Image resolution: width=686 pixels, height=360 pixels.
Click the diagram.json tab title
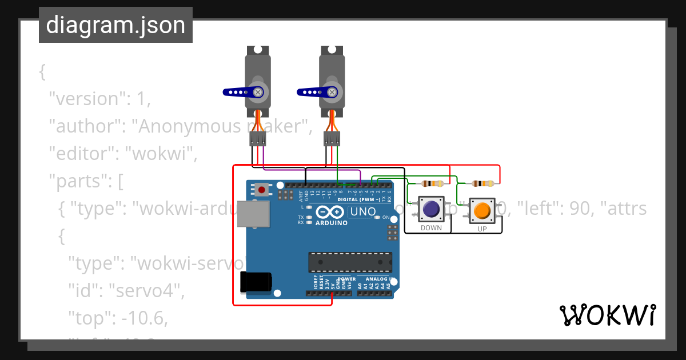coord(115,25)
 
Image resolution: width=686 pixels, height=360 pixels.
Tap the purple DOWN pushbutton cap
coord(431,209)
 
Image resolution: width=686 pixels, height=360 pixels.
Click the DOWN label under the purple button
coord(431,228)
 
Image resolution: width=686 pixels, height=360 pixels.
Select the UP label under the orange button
coord(482,229)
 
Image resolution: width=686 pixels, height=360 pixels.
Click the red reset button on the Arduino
coord(262,189)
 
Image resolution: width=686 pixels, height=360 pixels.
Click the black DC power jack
coord(256,282)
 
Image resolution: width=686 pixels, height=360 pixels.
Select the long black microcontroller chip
coord(350,262)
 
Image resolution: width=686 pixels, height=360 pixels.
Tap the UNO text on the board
coord(362,212)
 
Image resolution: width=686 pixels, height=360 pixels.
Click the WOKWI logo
coord(607,315)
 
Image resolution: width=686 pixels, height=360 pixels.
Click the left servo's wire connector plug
coord(258,138)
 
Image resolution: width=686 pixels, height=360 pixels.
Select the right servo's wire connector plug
coord(332,138)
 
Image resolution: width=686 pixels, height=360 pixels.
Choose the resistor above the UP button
coord(483,183)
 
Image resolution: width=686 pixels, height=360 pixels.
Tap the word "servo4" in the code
coord(147,290)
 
